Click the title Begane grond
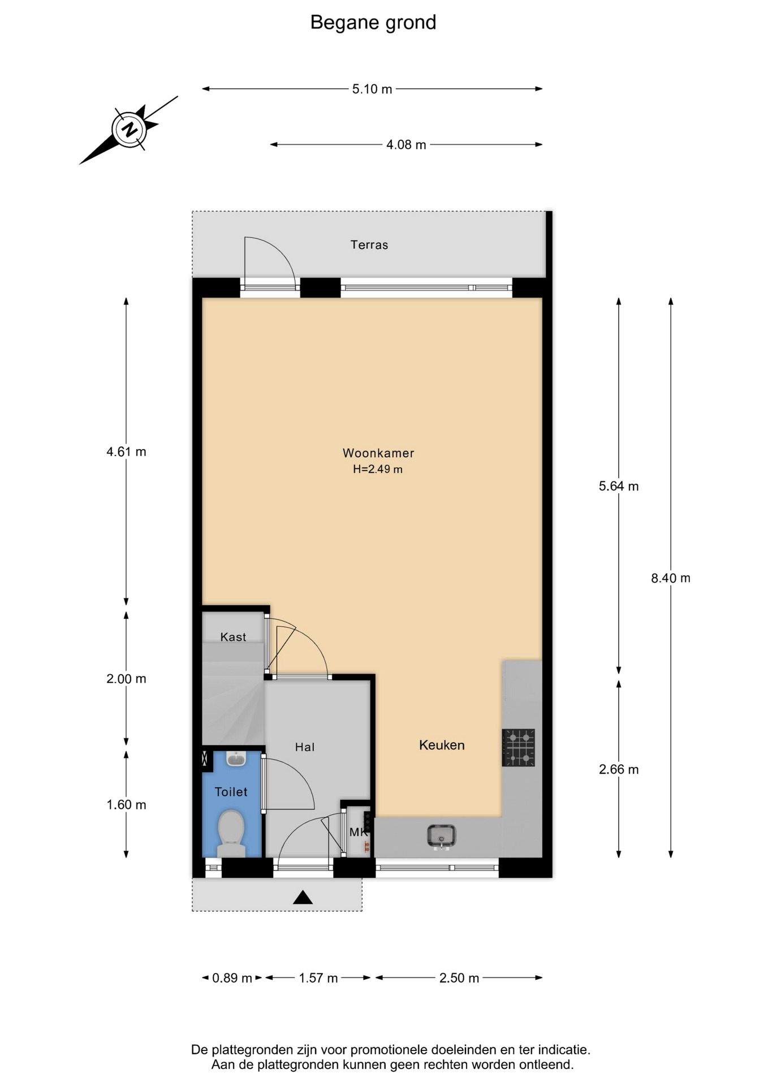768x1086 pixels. [x=373, y=23]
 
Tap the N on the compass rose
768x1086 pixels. [x=130, y=130]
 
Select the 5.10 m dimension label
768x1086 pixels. [x=372, y=89]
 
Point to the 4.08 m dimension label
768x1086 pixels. [x=406, y=145]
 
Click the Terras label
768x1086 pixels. [x=369, y=245]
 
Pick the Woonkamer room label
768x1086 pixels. [x=378, y=453]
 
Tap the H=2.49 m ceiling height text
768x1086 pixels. [x=378, y=469]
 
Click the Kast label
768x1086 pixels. [x=233, y=637]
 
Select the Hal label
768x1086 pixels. [x=305, y=747]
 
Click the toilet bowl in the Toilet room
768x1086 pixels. [x=231, y=833]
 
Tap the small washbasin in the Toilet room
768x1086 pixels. [x=236, y=759]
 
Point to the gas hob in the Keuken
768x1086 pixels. [x=519, y=748]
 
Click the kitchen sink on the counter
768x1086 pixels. [x=442, y=837]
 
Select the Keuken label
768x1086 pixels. [x=442, y=745]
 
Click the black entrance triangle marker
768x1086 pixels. [x=303, y=897]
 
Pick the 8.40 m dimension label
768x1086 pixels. [x=671, y=578]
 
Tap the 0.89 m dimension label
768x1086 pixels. [x=232, y=978]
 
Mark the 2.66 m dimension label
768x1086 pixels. [x=619, y=769]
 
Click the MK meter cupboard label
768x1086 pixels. [x=359, y=833]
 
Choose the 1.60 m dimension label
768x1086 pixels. [x=126, y=805]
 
